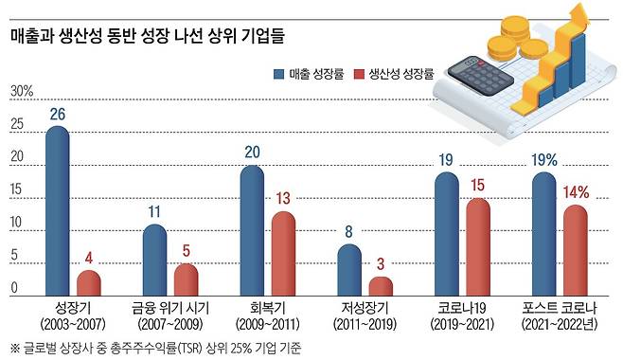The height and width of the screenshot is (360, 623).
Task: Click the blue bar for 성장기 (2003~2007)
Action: coord(58,212)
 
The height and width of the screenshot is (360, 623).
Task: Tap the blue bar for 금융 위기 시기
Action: coord(154,261)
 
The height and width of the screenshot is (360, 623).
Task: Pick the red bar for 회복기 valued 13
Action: coord(282,254)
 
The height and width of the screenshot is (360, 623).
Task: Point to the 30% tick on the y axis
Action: coord(21,92)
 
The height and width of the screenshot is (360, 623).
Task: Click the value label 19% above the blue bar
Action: coord(543,160)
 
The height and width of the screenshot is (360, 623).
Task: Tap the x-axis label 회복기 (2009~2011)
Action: coord(266,316)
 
